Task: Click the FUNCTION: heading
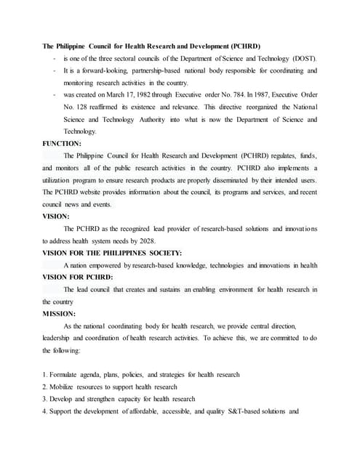point(62,144)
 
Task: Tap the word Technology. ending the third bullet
point(79,132)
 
